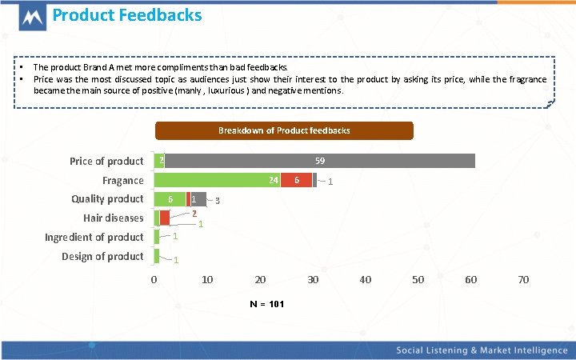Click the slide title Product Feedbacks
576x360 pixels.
pyautogui.click(x=127, y=15)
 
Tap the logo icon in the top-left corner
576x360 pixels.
pyautogui.click(x=32, y=18)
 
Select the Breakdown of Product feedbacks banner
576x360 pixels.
pyautogui.click(x=284, y=130)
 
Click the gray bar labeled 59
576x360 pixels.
pyautogui.click(x=319, y=161)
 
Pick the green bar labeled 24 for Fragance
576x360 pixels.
pyautogui.click(x=217, y=180)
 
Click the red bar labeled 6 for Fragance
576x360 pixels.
pyautogui.click(x=296, y=180)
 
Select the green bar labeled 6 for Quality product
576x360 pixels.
pyautogui.click(x=170, y=198)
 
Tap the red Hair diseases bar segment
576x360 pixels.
pyautogui.click(x=165, y=218)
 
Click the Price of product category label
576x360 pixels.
pyautogui.click(x=106, y=161)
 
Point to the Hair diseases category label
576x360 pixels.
pyautogui.click(x=114, y=218)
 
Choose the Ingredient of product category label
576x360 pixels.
pyautogui.click(x=94, y=237)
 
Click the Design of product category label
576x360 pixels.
pyautogui.click(x=102, y=256)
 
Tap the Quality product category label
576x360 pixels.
pyautogui.click(x=107, y=198)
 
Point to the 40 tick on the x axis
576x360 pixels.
pyautogui.click(x=366, y=280)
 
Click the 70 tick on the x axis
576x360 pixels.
pyautogui.click(x=523, y=280)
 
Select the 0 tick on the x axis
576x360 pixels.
pyautogui.click(x=154, y=280)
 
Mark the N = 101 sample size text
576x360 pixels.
pyautogui.click(x=266, y=305)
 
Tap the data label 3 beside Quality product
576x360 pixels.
pyautogui.click(x=218, y=200)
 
